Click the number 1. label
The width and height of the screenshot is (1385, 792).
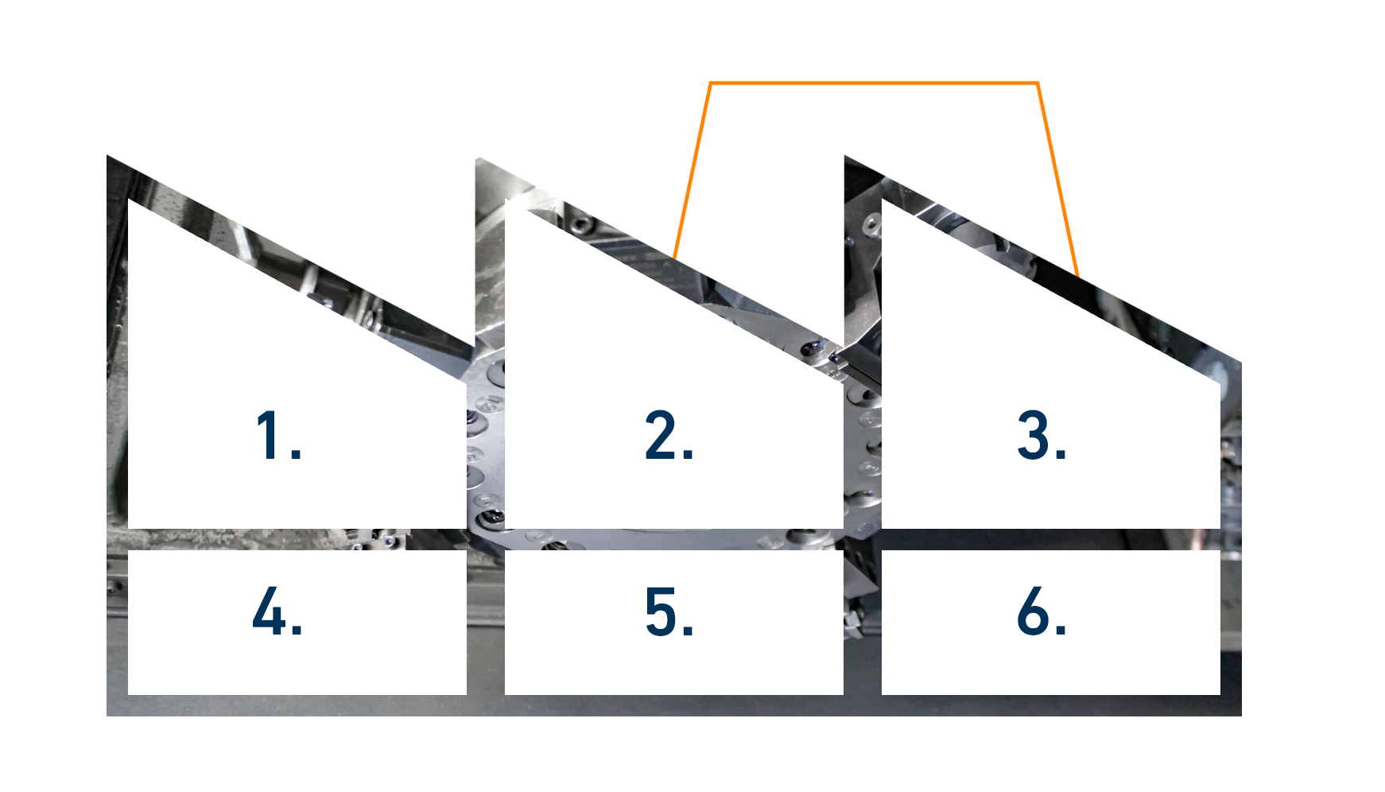278,435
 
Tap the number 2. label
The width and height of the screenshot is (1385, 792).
669,435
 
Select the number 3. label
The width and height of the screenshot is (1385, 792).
1042,435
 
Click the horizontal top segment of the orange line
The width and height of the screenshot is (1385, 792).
874,83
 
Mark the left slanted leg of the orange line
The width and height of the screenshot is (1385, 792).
692,170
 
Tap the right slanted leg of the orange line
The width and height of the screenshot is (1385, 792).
1057,180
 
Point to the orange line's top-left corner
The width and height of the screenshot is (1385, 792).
710,83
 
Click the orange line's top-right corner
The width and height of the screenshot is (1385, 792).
1038,83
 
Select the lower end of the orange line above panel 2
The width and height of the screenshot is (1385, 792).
674,258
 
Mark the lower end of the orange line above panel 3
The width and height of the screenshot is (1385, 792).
1078,277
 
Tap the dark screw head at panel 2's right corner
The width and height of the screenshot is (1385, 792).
813,348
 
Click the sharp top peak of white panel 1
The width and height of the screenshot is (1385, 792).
129,199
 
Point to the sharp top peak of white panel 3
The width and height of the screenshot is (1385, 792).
883,199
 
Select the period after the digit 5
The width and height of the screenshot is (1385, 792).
689,631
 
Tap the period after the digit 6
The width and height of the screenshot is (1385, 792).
1061,631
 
